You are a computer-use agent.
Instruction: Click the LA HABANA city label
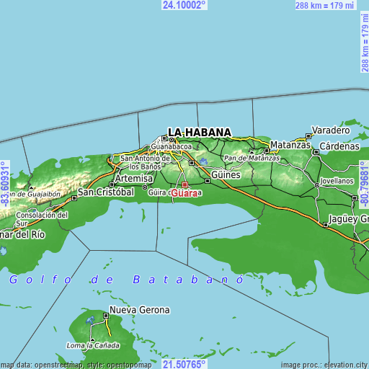point(200,132)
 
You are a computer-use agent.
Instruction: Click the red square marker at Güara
point(184,184)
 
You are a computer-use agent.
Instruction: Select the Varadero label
point(330,130)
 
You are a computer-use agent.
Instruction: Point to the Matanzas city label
point(291,145)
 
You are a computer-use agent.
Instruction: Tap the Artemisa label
point(135,178)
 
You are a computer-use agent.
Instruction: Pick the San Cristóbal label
point(106,192)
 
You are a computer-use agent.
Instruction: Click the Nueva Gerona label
point(140,310)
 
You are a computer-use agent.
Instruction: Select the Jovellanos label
point(337,180)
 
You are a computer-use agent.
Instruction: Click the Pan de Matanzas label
point(252,157)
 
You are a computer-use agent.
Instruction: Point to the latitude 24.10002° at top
point(184,4)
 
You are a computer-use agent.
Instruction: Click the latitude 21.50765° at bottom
point(184,365)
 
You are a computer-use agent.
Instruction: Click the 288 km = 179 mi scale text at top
point(325,6)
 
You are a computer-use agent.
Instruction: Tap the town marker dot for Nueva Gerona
point(107,315)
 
